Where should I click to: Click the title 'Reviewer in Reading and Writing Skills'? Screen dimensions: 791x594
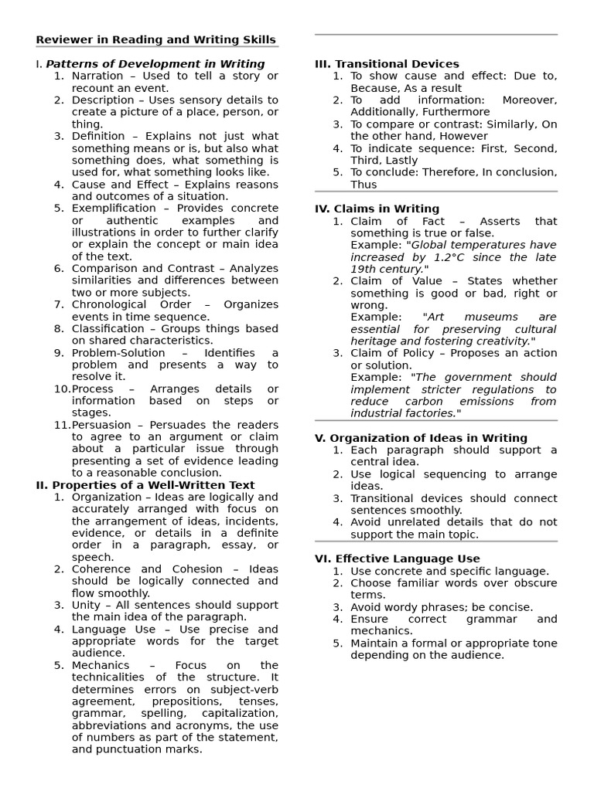pos(155,40)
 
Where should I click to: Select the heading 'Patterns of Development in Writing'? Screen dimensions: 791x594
pos(155,64)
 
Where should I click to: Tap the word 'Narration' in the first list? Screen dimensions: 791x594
pos(97,76)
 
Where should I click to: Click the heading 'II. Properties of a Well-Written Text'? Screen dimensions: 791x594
pos(145,485)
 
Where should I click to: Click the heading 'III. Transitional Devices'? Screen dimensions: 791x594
pos(387,64)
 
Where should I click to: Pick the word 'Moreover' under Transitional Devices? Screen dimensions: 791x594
pos(529,100)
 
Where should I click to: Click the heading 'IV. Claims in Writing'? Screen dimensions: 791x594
pos(377,209)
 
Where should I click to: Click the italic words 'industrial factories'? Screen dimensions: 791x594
pos(402,413)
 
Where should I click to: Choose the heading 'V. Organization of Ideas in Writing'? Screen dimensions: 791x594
pos(421,438)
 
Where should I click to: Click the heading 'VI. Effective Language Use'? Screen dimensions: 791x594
pos(397,558)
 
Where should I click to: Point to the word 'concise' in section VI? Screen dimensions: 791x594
pos(509,607)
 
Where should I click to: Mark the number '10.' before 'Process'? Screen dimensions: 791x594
pos(62,389)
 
